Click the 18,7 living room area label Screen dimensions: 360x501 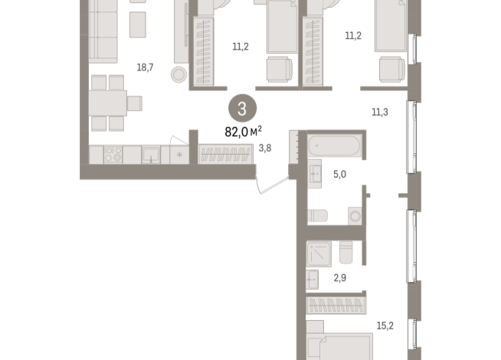(x=146, y=67)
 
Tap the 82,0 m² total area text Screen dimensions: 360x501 (x=243, y=131)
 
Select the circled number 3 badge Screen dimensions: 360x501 (x=242, y=110)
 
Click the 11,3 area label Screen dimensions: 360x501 (x=380, y=113)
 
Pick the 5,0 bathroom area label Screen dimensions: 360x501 (x=339, y=174)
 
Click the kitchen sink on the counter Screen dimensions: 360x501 (x=152, y=155)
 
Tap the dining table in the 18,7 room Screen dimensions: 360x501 (x=107, y=103)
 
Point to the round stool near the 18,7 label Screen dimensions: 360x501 (x=178, y=74)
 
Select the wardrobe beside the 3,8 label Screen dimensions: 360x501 (x=225, y=154)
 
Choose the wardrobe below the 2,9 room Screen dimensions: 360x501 (x=334, y=306)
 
